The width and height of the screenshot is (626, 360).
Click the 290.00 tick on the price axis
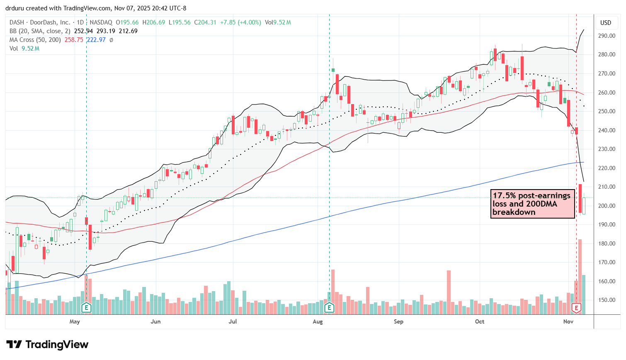click(x=606, y=36)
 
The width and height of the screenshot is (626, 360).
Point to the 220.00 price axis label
click(x=606, y=168)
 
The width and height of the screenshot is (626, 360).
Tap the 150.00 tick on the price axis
click(x=606, y=300)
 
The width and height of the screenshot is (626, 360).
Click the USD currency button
click(x=606, y=23)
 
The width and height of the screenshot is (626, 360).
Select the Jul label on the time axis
click(x=233, y=321)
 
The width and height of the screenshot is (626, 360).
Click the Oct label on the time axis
click(x=480, y=321)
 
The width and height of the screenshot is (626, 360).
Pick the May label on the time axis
click(x=75, y=321)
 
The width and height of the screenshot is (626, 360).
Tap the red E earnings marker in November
click(x=576, y=308)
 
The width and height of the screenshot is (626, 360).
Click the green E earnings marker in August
click(x=329, y=308)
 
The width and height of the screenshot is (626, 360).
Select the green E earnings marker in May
click(x=86, y=308)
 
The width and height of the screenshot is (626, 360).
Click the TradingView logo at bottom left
click(x=47, y=345)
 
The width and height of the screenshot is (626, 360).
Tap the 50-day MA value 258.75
click(x=74, y=40)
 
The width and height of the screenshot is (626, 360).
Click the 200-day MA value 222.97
click(x=96, y=40)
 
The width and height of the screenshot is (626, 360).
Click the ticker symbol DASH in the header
click(x=17, y=22)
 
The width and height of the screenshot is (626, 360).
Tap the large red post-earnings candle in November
click(x=580, y=198)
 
